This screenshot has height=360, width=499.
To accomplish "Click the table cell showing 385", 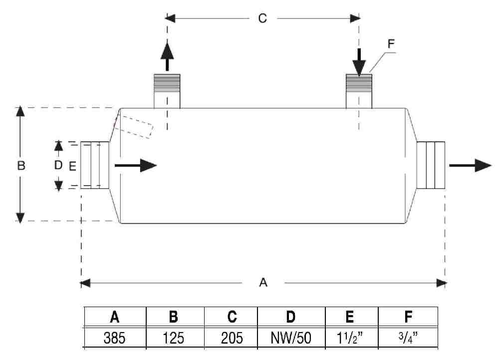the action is click(115, 338).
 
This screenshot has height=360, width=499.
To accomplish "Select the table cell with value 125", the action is click(174, 338).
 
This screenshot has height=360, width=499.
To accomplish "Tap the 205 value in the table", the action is click(232, 338).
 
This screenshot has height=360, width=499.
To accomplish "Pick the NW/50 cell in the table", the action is click(291, 338).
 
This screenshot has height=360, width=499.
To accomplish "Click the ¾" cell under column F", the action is click(408, 338).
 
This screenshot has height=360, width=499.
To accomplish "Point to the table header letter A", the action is click(115, 317).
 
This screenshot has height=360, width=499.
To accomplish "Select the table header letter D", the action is click(291, 317).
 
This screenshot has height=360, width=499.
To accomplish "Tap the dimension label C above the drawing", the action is click(262, 18).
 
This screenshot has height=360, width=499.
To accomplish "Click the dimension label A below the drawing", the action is click(263, 282).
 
